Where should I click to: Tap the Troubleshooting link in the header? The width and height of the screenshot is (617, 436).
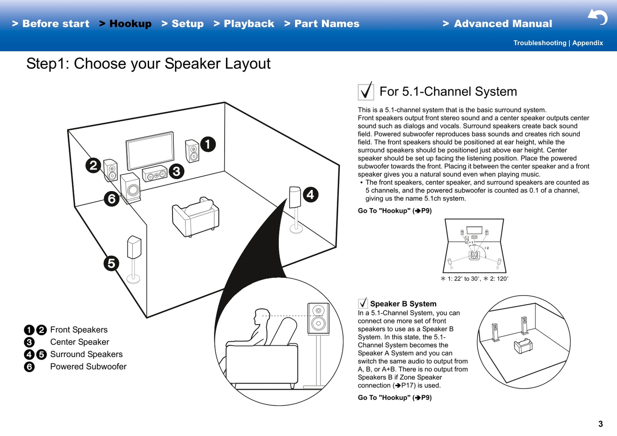point(539,43)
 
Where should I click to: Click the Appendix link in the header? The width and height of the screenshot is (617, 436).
point(588,43)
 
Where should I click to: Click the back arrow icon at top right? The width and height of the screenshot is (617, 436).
point(598,17)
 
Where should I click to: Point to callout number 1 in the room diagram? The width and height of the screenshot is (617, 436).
point(208,144)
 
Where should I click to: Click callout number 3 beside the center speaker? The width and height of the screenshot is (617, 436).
point(176,171)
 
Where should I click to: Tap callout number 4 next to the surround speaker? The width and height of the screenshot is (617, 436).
point(310,195)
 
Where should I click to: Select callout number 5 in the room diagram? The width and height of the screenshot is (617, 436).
point(111,263)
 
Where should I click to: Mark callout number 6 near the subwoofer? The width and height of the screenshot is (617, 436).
point(111,199)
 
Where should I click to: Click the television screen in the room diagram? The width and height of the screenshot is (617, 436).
point(150,151)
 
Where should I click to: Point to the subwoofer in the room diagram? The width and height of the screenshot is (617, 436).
point(131,188)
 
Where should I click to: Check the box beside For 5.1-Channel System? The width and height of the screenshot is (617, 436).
point(366,91)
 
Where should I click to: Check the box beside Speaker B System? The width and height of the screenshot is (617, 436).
point(363,303)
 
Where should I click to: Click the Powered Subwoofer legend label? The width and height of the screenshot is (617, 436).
point(88,366)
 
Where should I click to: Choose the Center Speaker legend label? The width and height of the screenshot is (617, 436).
point(79,342)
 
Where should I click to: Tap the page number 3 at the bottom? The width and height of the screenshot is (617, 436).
point(600,424)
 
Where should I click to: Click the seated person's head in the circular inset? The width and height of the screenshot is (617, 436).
point(261,316)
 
